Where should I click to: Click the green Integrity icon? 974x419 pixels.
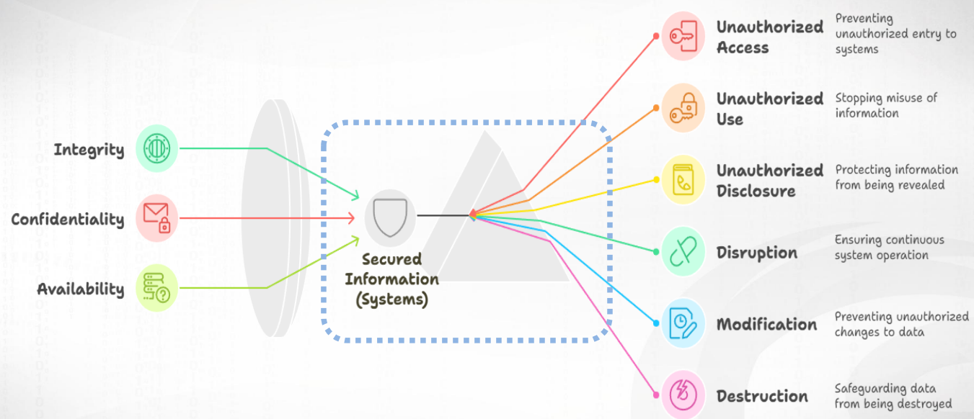[x=156, y=148]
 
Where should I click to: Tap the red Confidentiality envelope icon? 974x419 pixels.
[x=156, y=217]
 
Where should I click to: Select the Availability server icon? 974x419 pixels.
[x=156, y=287]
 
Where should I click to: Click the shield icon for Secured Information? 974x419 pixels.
[x=390, y=215]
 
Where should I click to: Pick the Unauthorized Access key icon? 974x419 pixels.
[x=683, y=36]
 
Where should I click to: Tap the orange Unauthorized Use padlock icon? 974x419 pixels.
[x=683, y=108]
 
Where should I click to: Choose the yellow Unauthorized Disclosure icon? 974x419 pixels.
[x=683, y=180]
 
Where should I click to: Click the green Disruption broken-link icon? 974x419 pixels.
[x=683, y=252]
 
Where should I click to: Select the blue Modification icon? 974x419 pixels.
[x=683, y=323]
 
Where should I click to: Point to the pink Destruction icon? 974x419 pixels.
[x=683, y=394]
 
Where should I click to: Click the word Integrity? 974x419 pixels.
[x=89, y=150]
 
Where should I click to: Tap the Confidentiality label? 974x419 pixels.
[x=67, y=219]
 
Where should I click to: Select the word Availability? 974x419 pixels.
[x=81, y=289]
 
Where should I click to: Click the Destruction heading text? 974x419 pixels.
[x=762, y=396]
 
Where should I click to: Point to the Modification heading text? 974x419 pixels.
[x=766, y=324]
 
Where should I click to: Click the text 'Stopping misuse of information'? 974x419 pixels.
[x=886, y=105]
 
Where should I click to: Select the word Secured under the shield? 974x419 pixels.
[x=391, y=259]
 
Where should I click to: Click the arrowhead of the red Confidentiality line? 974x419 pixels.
[x=352, y=217]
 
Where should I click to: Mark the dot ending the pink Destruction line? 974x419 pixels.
[x=656, y=395]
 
